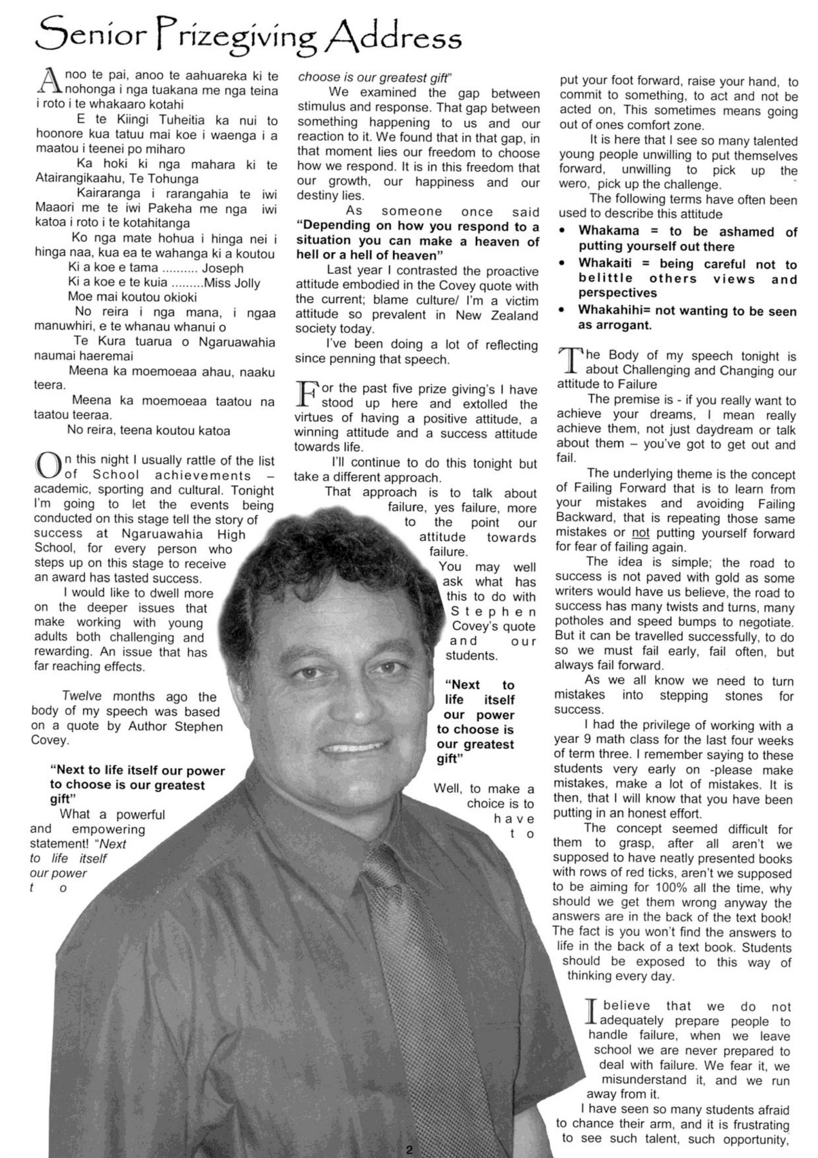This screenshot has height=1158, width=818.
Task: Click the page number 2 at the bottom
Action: [x=409, y=1149]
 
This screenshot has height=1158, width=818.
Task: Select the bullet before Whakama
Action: [x=563, y=231]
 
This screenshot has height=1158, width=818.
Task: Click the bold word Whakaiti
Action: [x=605, y=264]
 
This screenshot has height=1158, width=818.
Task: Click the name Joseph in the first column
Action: [x=223, y=268]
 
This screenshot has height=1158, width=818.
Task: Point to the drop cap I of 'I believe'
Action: [x=593, y=1012]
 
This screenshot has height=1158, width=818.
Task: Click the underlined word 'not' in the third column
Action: [x=641, y=533]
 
